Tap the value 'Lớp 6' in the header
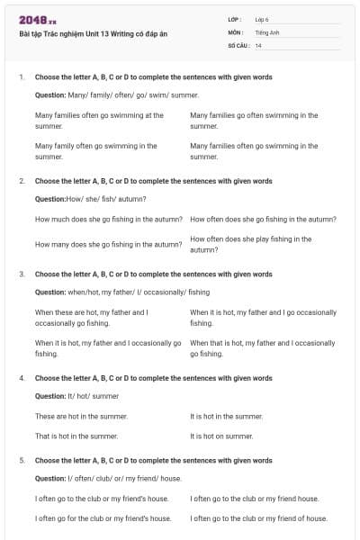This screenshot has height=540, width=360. [x=264, y=19]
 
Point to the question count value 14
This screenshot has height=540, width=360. [x=258, y=45]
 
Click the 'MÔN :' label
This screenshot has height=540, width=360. [x=236, y=31]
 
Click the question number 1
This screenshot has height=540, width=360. [x=21, y=77]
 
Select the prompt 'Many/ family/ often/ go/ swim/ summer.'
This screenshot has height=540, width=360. [x=116, y=94]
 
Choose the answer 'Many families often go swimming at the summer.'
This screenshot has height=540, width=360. [x=99, y=121]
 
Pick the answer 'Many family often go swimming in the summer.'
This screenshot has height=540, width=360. [x=95, y=150]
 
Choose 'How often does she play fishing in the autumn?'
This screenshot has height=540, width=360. [x=251, y=244]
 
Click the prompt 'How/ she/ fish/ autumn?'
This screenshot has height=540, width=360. [x=90, y=199]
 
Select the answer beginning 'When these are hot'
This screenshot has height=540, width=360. [x=91, y=317]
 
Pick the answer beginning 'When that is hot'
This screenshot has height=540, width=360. [x=263, y=348]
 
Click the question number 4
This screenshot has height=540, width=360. [x=21, y=378]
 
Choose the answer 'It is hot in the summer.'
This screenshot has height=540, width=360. [x=227, y=417]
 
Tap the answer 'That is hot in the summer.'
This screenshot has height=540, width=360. [x=76, y=436]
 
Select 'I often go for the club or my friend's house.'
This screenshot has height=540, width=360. [x=103, y=518]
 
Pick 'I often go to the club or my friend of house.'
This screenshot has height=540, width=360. [x=259, y=518]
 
